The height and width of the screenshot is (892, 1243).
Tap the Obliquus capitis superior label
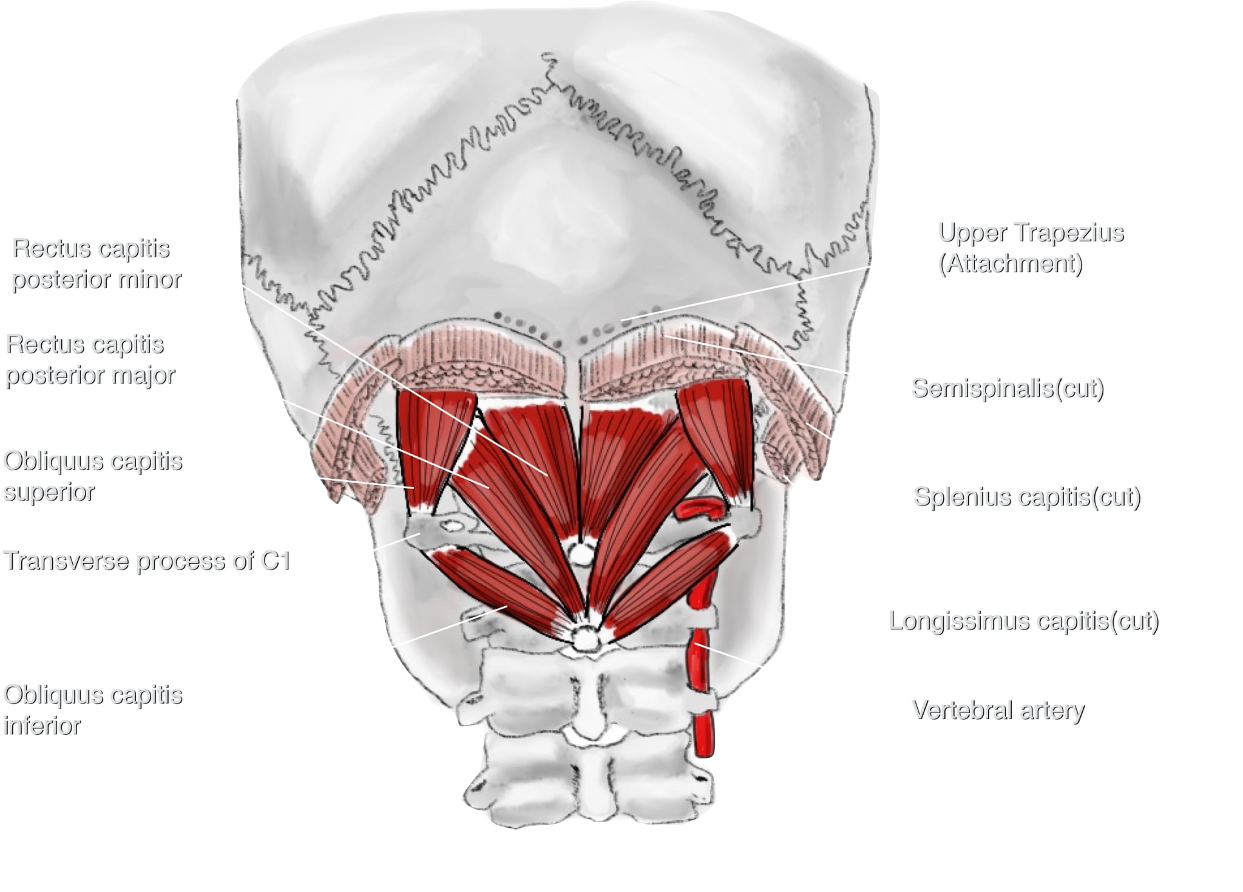(x=93, y=476)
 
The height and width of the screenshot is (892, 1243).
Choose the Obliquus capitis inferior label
(x=93, y=710)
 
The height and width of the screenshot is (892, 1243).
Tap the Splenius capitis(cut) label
(x=1028, y=497)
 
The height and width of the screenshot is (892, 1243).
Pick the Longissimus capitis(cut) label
(x=1024, y=621)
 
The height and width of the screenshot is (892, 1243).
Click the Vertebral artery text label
(x=998, y=710)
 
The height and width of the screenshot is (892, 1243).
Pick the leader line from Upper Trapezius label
(x=747, y=292)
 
